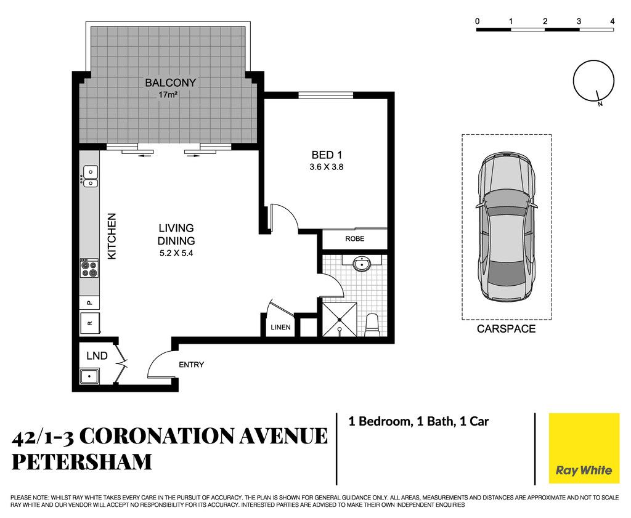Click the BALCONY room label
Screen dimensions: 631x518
[170, 83]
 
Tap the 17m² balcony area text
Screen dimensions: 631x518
[168, 95]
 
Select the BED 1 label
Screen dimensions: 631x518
[327, 155]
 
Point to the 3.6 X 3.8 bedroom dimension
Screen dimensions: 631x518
[327, 167]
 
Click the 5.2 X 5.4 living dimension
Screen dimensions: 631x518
[176, 253]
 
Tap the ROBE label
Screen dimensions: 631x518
[354, 238]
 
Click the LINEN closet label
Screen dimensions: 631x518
[280, 328]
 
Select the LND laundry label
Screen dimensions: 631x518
[97, 356]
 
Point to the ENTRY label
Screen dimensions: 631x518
[192, 365]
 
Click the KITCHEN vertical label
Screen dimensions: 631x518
[112, 236]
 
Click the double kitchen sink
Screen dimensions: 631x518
[90, 177]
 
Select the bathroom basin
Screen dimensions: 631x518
[362, 264]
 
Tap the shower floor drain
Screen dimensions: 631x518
[340, 319]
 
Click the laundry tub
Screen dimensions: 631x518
[89, 377]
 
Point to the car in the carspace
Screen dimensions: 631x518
[507, 227]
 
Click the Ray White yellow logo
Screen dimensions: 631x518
[584, 448]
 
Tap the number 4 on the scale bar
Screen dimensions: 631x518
[613, 22]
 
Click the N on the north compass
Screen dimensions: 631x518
[600, 104]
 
